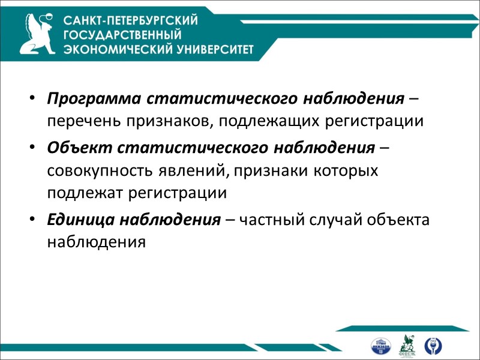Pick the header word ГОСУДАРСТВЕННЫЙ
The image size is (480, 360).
click(122, 35)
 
